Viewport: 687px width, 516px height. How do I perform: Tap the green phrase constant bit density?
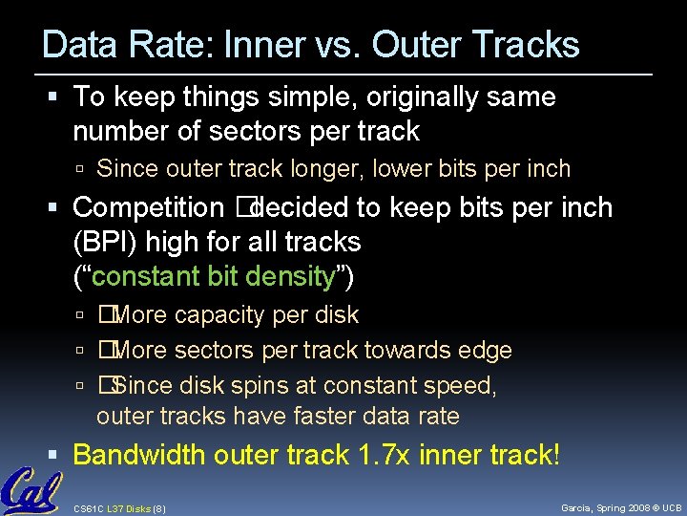214,277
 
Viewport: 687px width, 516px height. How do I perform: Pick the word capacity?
219,314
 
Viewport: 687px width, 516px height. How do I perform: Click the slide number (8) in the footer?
159,506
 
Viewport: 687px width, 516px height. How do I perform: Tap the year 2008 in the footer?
629,506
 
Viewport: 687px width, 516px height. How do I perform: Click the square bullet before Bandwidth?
60,456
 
